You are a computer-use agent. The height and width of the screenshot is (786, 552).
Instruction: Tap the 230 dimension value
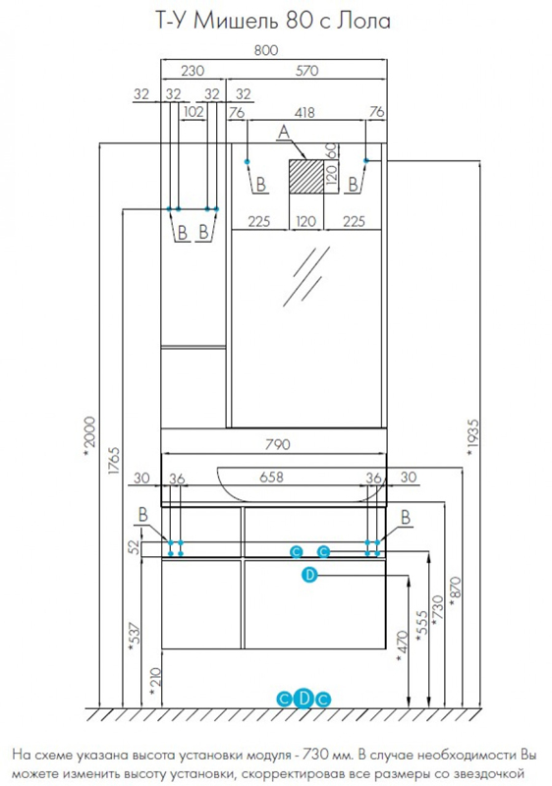(193, 70)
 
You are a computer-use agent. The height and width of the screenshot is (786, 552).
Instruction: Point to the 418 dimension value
(305, 114)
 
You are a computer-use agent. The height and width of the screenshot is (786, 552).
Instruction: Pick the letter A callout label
(283, 132)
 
